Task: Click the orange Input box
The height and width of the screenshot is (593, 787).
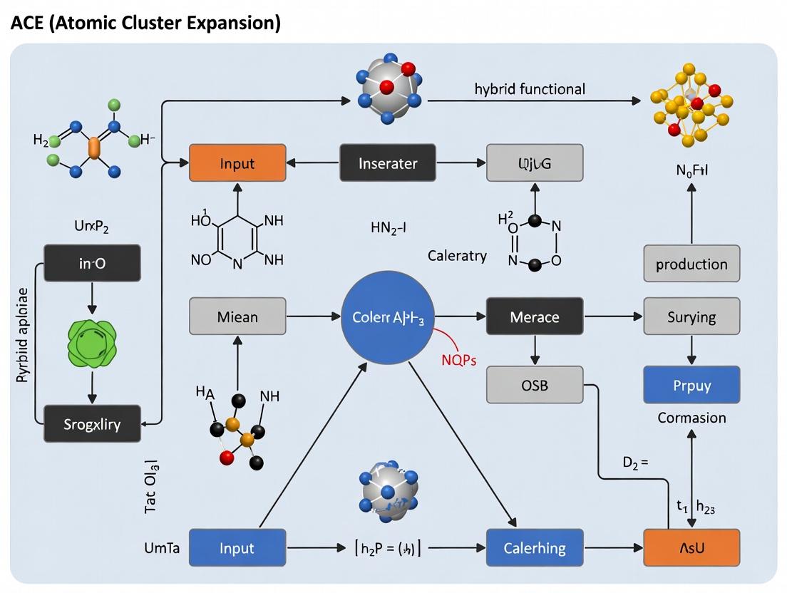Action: [237, 163]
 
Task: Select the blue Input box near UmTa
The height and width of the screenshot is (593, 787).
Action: [237, 548]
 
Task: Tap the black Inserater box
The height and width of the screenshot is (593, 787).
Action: [388, 163]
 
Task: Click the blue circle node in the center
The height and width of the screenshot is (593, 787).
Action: [389, 317]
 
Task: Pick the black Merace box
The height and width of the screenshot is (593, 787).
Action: [534, 316]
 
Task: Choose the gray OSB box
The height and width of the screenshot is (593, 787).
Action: [534, 385]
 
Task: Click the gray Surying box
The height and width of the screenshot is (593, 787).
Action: [691, 316]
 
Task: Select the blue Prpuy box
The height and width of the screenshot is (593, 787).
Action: [691, 385]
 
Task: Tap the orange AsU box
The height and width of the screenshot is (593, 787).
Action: [691, 548]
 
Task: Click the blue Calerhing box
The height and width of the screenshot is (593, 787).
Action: [534, 548]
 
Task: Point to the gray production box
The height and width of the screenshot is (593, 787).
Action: [691, 264]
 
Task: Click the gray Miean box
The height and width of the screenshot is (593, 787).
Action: [237, 316]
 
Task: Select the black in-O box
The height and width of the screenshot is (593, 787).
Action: [92, 264]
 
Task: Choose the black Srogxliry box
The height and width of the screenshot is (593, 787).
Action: [92, 424]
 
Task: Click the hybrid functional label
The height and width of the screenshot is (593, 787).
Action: [530, 89]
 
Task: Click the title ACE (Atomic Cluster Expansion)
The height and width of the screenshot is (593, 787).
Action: [146, 23]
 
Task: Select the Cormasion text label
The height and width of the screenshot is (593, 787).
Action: [691, 418]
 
